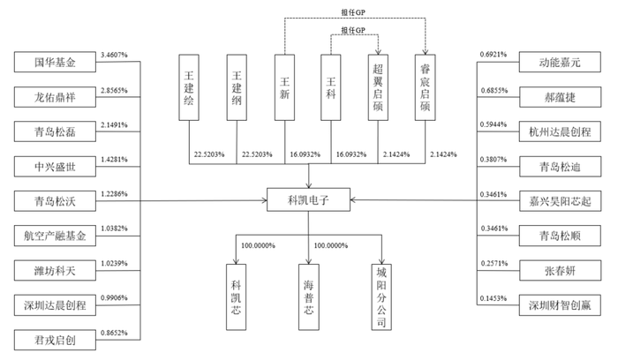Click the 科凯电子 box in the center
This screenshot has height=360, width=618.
[308, 199]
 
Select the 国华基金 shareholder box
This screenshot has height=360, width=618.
[55, 62]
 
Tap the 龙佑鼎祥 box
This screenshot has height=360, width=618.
[55, 97]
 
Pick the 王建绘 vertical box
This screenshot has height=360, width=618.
[189, 87]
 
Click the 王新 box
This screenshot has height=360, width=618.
[284, 87]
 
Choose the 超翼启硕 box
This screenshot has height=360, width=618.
[378, 87]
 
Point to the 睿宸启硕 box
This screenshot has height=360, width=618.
[425, 87]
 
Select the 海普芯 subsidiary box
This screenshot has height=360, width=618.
[309, 297]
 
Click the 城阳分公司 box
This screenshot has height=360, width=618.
[381, 297]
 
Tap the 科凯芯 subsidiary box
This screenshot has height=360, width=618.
[236, 297]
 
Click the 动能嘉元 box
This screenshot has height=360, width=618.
[560, 62]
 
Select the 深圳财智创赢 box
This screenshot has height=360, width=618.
[560, 305]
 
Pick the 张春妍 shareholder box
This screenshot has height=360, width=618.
[560, 271]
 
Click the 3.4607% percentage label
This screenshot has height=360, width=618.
[114, 55]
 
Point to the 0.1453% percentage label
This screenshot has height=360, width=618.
[494, 298]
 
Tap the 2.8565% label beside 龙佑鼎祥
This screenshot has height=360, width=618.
[114, 90]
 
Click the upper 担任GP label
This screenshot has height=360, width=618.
[353, 12]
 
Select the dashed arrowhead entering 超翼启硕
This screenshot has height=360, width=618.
[378, 52]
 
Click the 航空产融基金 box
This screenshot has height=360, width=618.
[55, 236]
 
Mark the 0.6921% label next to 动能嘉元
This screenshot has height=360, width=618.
[494, 55]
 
